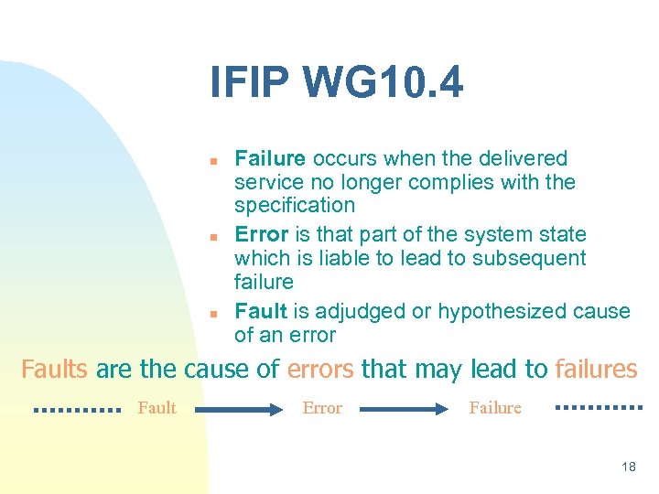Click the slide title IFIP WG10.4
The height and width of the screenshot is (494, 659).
336,83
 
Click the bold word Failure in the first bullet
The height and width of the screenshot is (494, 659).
270,159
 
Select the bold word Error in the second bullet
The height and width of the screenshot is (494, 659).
262,235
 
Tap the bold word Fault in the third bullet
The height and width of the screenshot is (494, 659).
261,311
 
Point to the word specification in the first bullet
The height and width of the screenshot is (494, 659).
295,205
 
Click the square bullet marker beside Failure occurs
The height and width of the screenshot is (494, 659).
211,161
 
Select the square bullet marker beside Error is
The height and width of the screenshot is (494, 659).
211,237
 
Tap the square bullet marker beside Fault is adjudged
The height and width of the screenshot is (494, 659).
211,313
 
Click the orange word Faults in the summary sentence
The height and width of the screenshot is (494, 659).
54,370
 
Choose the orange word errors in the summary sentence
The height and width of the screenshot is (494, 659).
320,370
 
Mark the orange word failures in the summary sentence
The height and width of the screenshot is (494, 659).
596,370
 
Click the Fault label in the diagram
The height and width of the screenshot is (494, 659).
157,408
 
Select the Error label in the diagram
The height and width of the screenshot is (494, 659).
322,408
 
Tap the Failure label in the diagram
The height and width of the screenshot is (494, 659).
495,408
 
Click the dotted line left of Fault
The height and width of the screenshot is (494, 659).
77,410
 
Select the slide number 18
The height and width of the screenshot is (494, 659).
628,467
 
